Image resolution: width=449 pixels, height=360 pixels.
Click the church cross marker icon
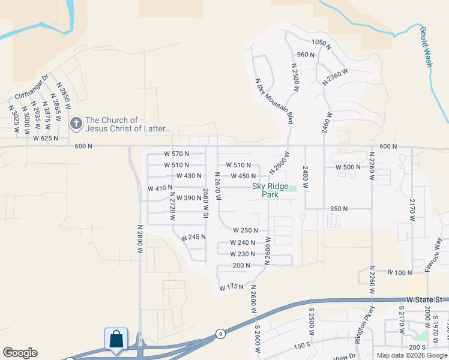pyautogui.click(x=76, y=124)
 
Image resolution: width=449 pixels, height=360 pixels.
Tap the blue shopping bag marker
pyautogui.click(x=116, y=339)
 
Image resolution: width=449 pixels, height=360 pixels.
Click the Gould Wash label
pyautogui.click(x=426, y=46)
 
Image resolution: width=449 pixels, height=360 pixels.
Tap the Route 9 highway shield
pyautogui.click(x=221, y=334)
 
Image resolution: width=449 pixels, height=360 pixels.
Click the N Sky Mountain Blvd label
pyautogui.click(x=274, y=101)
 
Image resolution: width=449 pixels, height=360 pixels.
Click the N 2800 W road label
pyautogui.click(x=139, y=239)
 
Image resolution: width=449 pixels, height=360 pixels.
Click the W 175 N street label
pyautogui.click(x=231, y=287)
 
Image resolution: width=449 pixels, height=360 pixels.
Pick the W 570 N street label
pyautogui.click(x=176, y=154)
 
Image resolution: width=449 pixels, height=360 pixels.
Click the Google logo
pyautogui.click(x=19, y=353)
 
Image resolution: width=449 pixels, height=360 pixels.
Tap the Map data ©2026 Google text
pyautogui.click(x=412, y=355)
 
